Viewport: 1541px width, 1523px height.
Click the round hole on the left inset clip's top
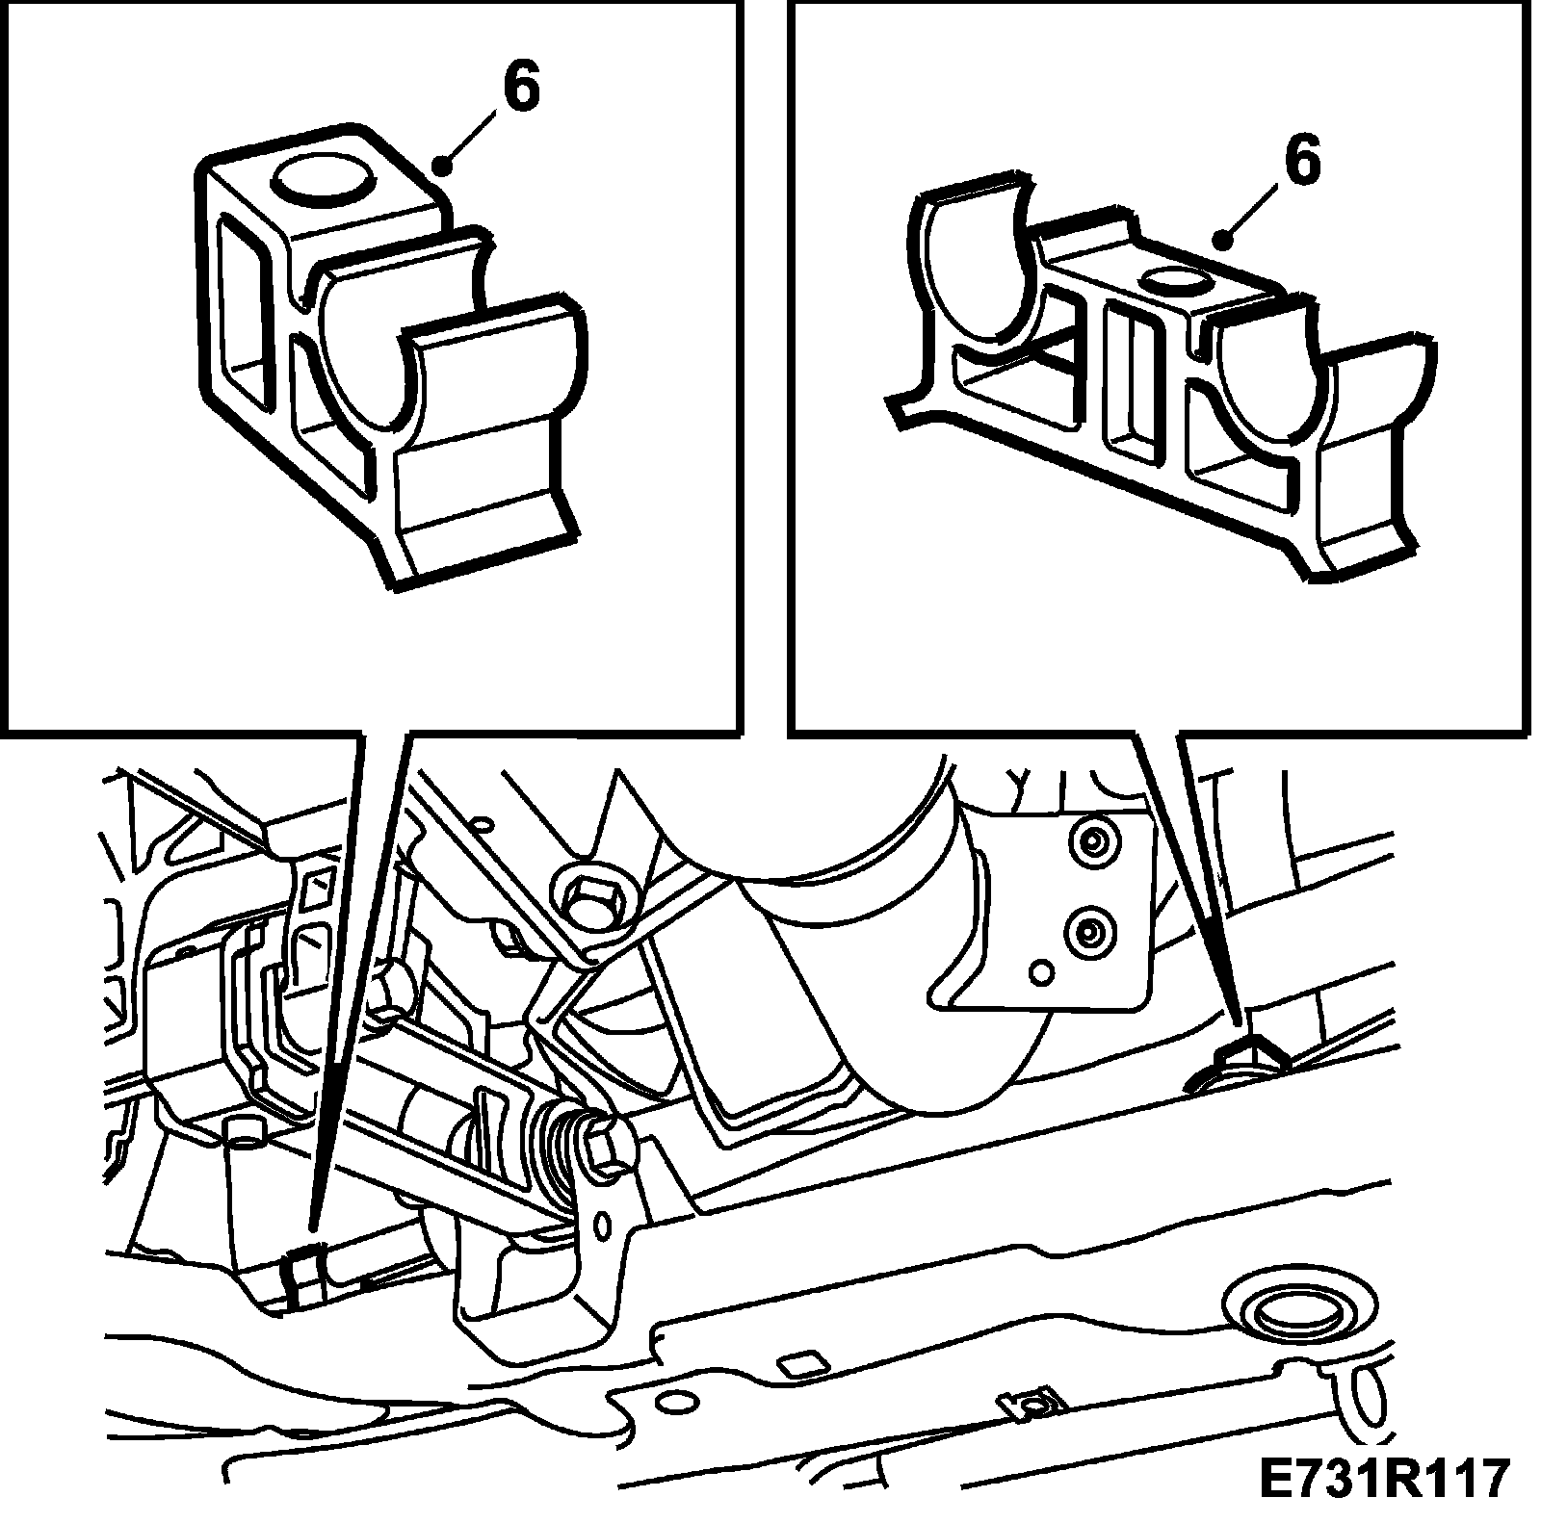point(324,179)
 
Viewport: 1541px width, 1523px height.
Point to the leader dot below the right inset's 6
point(1225,237)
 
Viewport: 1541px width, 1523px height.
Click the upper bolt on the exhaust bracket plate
point(1091,843)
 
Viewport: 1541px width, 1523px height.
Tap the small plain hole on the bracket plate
point(1041,972)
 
